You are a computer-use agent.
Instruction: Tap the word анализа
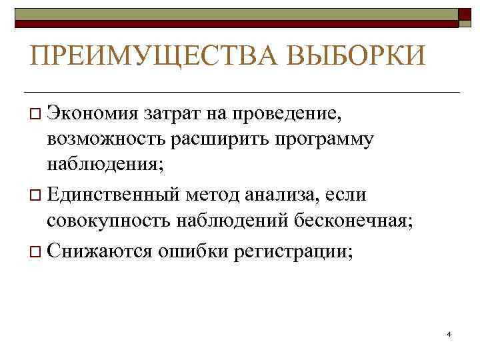(281, 196)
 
